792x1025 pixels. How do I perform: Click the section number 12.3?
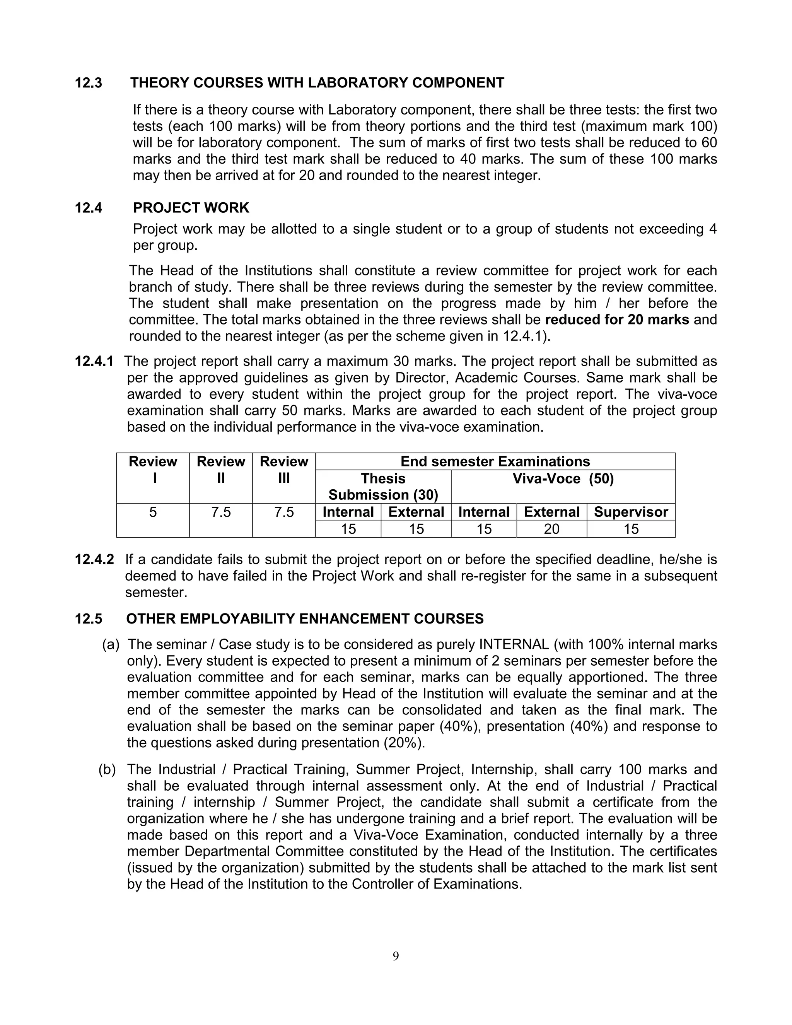[x=88, y=83]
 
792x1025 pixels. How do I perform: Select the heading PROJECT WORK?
[x=191, y=208]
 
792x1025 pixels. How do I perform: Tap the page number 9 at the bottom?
[x=396, y=956]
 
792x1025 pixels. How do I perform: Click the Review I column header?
[x=153, y=469]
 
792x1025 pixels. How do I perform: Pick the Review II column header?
[x=220, y=469]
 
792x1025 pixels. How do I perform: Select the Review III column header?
[x=283, y=469]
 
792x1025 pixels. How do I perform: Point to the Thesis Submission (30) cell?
[x=383, y=487]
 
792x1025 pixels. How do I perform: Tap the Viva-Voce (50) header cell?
[x=563, y=479]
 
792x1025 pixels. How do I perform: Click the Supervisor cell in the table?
[x=631, y=512]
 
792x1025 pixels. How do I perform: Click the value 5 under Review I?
[x=153, y=512]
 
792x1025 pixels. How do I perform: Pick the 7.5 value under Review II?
[x=220, y=512]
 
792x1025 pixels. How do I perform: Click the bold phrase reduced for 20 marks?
[x=616, y=320]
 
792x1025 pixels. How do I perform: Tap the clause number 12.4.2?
[x=94, y=560]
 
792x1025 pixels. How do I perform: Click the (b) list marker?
[x=107, y=770]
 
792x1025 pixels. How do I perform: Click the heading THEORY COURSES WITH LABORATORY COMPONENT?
[x=317, y=83]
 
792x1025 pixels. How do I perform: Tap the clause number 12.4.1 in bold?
[x=94, y=361]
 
